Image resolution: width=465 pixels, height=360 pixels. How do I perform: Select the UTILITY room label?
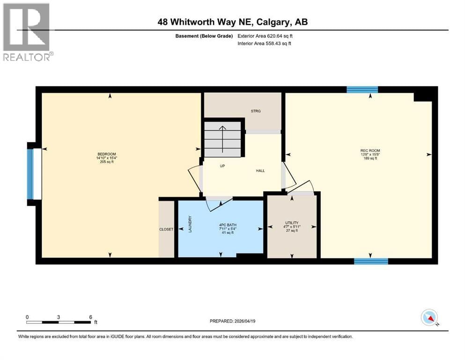[x=292, y=223]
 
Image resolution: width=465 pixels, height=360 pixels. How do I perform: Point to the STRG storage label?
[x=256, y=111]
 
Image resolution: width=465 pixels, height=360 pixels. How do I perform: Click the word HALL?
[x=260, y=171]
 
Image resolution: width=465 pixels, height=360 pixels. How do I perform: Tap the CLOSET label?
[x=166, y=229]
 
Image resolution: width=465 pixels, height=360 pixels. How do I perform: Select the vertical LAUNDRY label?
[x=190, y=224]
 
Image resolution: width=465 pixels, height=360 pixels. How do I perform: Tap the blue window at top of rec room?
[x=362, y=90]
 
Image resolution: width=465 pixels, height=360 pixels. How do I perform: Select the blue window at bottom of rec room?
[x=371, y=261]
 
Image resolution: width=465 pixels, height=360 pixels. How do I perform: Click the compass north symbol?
[x=429, y=318]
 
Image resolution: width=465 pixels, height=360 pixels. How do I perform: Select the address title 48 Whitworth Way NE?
[x=232, y=22]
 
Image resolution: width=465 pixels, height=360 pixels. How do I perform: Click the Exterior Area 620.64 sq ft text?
[x=266, y=36]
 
